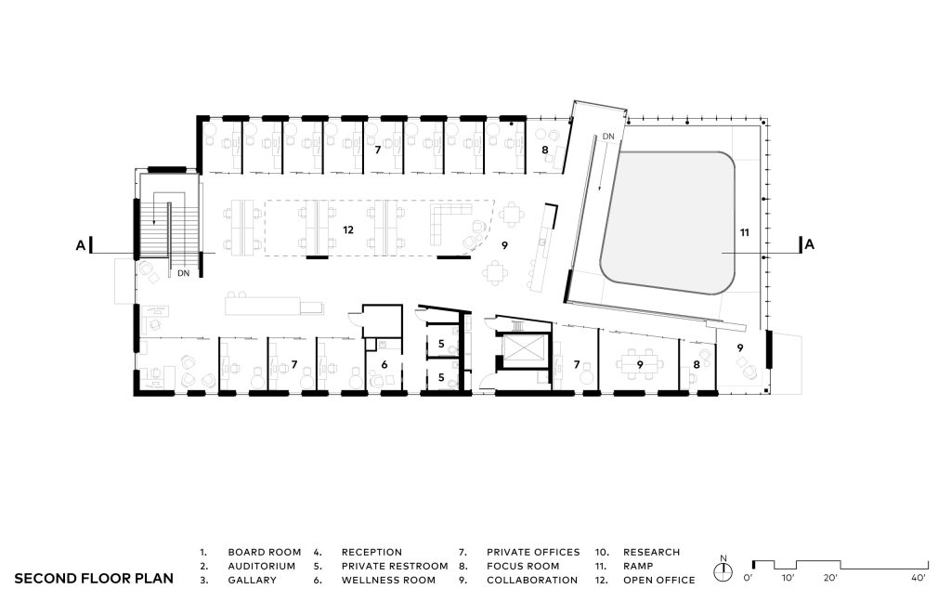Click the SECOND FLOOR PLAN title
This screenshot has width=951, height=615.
coord(94,579)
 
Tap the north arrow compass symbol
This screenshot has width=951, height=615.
coord(723,570)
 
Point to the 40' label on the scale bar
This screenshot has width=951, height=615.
coord(918,578)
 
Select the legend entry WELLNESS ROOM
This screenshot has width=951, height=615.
coord(388,581)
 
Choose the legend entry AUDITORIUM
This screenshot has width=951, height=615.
coord(261,567)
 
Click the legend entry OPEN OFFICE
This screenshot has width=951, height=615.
coord(659,581)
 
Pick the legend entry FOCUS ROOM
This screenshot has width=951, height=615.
coord(523,567)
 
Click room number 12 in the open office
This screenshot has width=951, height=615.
coord(348,229)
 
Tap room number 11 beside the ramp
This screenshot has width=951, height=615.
coord(745,232)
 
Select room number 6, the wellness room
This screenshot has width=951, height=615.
coord(384,365)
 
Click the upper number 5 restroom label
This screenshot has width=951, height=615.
coord(441,344)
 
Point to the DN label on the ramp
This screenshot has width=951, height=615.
coord(608,137)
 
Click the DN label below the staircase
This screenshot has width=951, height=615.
coord(183,273)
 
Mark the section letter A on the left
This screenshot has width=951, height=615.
coord(80,245)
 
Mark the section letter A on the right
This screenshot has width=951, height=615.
coord(810,245)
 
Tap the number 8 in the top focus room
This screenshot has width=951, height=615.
coord(545,150)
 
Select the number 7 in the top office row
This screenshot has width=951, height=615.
coord(378,150)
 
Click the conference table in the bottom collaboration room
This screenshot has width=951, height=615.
coord(640,364)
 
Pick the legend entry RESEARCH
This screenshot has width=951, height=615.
coord(651,553)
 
